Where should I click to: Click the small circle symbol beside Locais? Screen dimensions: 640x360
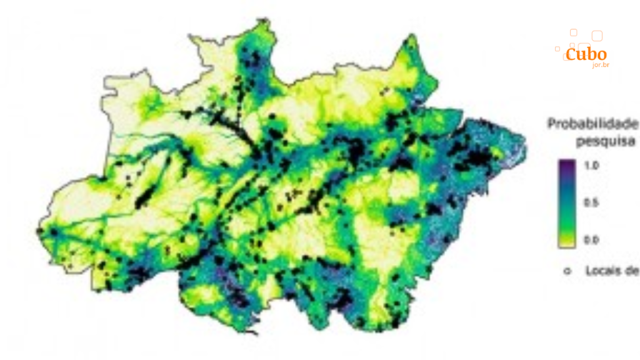(567, 271)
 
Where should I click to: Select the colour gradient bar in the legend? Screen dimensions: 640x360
(567, 203)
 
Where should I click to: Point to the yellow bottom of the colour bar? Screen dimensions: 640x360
(567, 242)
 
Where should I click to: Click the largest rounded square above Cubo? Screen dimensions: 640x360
(597, 36)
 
